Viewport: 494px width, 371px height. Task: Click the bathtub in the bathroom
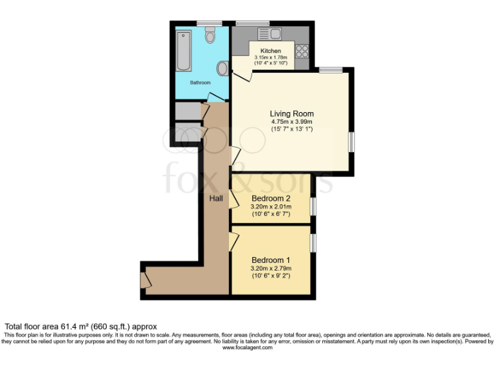(x=182, y=50)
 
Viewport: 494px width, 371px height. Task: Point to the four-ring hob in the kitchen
(x=302, y=52)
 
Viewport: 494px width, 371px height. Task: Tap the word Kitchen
(x=271, y=50)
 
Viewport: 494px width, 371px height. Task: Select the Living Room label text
(x=291, y=113)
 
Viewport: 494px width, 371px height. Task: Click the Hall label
(x=216, y=198)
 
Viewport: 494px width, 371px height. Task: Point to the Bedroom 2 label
(x=271, y=198)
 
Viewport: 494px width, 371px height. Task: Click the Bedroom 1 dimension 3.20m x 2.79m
(x=271, y=269)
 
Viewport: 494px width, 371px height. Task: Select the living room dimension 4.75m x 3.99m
(x=291, y=122)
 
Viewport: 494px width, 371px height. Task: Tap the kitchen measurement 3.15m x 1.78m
(x=271, y=57)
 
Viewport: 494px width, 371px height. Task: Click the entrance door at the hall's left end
(x=145, y=280)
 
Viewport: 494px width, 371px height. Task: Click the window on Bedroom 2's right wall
(x=313, y=205)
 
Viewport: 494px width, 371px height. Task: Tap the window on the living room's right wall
(x=351, y=142)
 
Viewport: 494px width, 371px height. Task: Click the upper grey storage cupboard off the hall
(x=188, y=111)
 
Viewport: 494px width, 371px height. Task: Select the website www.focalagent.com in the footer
(x=247, y=348)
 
